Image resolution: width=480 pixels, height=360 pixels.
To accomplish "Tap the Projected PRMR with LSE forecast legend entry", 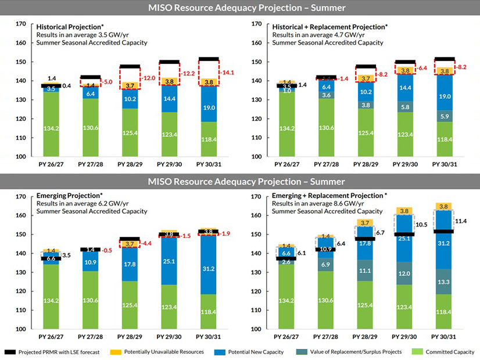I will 55,352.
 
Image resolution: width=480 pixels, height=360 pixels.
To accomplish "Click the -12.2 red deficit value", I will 189,74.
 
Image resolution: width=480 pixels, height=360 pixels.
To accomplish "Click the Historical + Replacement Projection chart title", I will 329,27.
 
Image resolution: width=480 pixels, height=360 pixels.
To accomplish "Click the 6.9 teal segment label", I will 326,264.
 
